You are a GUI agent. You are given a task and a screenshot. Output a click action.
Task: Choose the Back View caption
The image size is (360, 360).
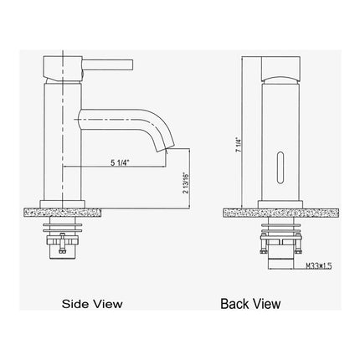pos(251,304)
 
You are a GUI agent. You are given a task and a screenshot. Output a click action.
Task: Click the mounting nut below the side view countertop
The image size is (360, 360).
pos(64,239)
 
